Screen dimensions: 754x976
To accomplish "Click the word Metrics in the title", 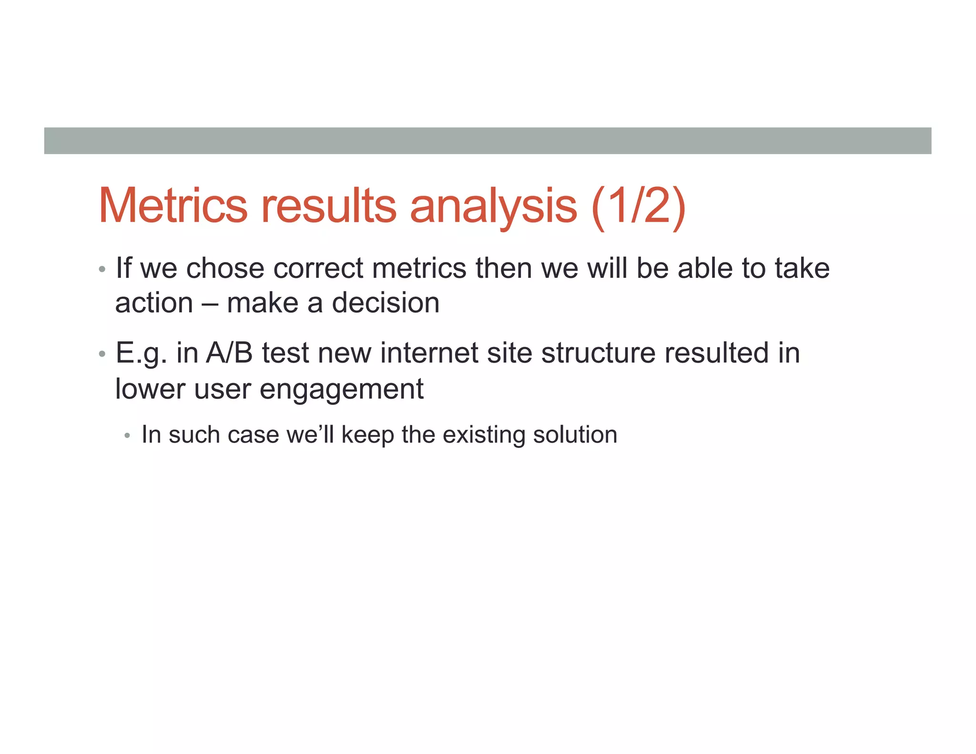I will (173, 205).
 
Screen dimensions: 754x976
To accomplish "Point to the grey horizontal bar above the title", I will (488, 141).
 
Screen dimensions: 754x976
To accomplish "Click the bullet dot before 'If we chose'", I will (102, 270).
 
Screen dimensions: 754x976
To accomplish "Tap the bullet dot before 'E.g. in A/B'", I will (102, 354).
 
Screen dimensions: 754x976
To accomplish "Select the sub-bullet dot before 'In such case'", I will (127, 436).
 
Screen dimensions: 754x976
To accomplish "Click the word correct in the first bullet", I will (318, 268).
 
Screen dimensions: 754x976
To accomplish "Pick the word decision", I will (386, 303).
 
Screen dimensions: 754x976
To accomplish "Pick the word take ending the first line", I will (802, 268).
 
